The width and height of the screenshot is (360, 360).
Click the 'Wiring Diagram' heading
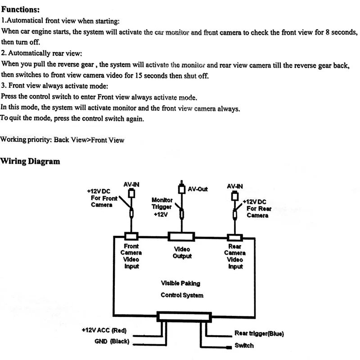click(31, 161)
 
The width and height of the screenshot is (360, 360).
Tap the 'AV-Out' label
click(198, 189)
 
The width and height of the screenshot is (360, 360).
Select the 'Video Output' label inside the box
click(182, 252)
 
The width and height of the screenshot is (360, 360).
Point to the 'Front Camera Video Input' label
click(131, 256)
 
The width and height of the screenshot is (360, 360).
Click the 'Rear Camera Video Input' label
click(235, 256)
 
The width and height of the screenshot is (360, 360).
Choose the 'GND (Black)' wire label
click(112, 342)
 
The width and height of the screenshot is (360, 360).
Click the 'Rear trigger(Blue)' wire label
click(259, 334)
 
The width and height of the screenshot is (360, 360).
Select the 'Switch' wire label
click(244, 346)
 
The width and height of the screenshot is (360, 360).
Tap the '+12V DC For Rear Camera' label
click(257, 208)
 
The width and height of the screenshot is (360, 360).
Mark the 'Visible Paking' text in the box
click(180, 283)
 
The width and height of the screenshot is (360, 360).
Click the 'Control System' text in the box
click(182, 296)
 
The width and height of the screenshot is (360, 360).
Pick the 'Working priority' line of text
click(62, 139)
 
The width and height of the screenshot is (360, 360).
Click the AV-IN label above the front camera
click(131, 184)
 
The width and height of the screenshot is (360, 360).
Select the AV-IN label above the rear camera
click(235, 185)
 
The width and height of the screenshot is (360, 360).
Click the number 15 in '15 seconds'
click(139, 76)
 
